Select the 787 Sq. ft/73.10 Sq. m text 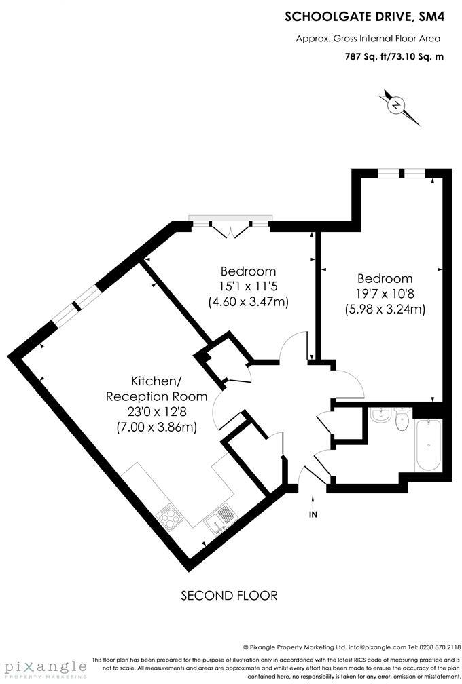tap(394, 57)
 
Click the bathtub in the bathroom tap(428, 444)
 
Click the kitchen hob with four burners tap(170, 518)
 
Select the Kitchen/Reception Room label tap(156, 389)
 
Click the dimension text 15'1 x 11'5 tap(248, 286)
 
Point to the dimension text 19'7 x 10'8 tap(385, 294)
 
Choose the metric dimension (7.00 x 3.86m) tap(156, 427)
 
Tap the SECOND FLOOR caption tap(229, 596)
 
